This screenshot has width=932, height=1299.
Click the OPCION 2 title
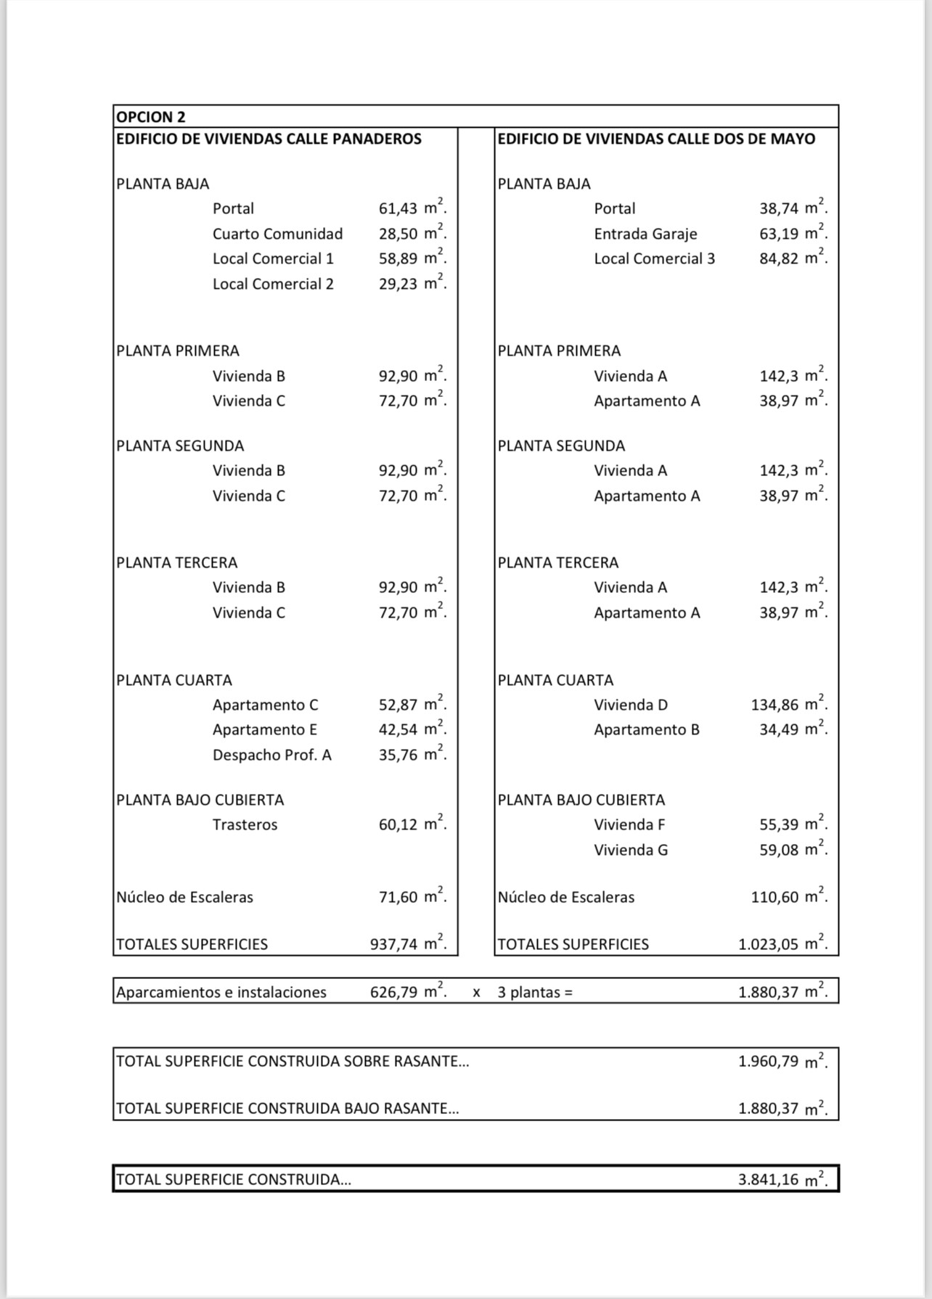(x=151, y=117)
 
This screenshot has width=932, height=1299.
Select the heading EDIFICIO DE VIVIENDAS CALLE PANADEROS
(x=269, y=139)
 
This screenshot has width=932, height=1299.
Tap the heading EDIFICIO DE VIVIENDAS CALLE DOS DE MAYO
(x=656, y=139)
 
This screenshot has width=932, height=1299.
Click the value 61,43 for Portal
(x=398, y=209)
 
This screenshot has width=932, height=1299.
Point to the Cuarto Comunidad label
(x=277, y=234)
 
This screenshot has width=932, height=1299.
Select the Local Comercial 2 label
(x=273, y=284)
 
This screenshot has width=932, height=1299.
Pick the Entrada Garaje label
(x=645, y=234)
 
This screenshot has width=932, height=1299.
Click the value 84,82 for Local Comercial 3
(x=779, y=259)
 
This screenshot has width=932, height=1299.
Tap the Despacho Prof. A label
(x=271, y=755)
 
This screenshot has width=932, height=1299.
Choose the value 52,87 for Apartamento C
(x=398, y=705)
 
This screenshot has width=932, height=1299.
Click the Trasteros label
(x=245, y=824)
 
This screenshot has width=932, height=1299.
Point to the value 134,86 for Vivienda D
(x=774, y=705)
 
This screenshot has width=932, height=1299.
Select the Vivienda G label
(x=631, y=850)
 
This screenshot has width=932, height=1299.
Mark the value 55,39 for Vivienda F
(x=779, y=824)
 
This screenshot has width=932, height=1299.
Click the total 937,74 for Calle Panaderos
(x=394, y=944)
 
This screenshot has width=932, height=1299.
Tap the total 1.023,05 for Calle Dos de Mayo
(x=769, y=944)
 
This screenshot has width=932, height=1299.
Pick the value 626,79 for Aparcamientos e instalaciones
(x=394, y=992)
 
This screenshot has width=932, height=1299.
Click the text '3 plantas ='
(x=535, y=992)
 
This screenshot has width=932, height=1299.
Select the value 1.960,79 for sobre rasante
(x=769, y=1062)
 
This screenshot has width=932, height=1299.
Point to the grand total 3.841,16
(x=769, y=1180)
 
